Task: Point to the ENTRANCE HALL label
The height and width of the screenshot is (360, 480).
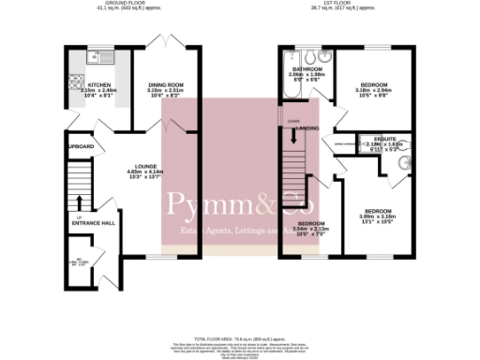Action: [x=96, y=223]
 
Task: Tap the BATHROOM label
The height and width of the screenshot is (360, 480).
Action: [x=308, y=70]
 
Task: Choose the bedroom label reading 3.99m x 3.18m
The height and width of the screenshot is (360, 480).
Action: [x=379, y=215]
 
